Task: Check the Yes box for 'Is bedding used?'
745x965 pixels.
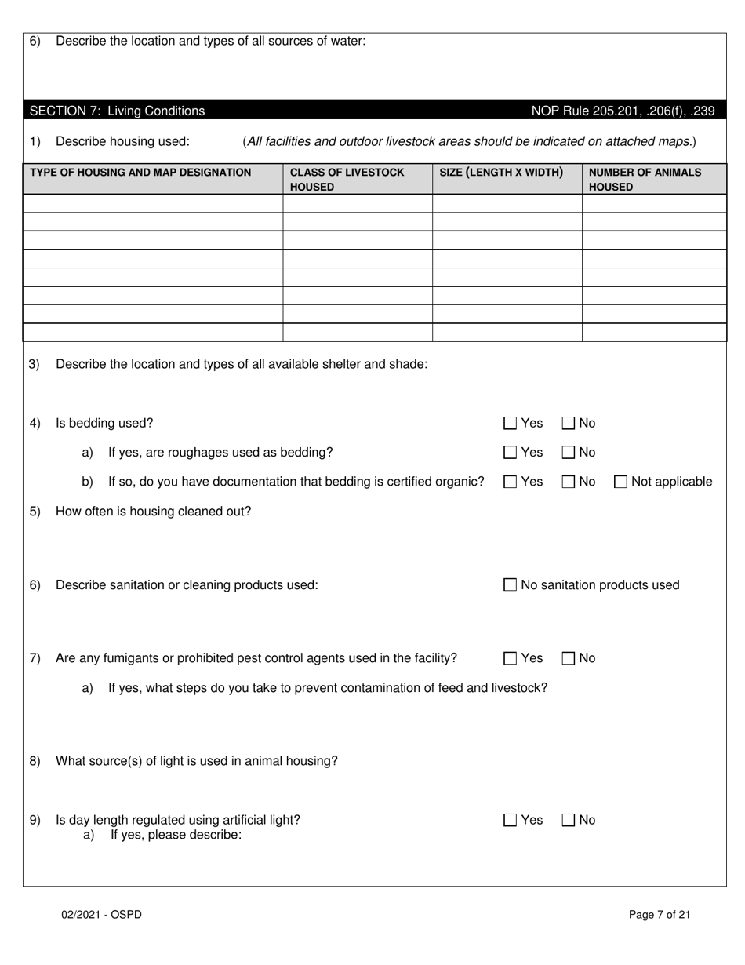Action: pos(511,424)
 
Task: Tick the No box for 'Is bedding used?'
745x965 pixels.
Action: pos(569,424)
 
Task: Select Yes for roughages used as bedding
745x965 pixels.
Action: pos(511,453)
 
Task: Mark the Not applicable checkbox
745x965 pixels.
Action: pos(621,482)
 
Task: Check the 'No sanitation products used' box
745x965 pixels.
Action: pos(511,585)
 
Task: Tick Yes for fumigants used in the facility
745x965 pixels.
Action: pos(511,659)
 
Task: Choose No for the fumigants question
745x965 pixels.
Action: pos(569,659)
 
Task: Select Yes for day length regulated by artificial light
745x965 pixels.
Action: pos(511,821)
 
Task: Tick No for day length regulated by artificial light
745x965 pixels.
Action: pos(569,821)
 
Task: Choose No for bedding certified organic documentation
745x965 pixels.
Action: pos(569,482)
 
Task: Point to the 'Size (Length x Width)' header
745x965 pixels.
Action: pos(501,172)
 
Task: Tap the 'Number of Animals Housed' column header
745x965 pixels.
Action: pos(645,179)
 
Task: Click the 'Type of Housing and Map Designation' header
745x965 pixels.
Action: pos(140,172)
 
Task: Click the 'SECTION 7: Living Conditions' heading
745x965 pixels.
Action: pos(117,111)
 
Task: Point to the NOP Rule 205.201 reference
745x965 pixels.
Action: pos(623,111)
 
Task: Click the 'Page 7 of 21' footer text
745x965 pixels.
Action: pos(660,914)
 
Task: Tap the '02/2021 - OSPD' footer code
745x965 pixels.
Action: pos(102,914)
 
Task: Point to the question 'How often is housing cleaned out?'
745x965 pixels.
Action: pos(154,512)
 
